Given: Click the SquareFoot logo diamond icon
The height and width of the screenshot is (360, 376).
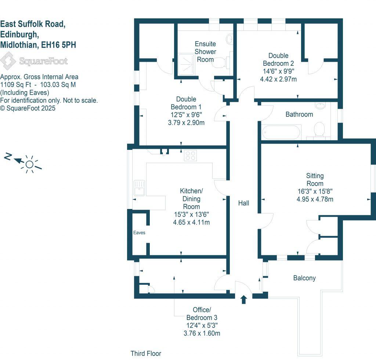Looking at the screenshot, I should pos(8,61).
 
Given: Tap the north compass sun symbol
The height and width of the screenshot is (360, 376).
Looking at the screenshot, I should pos(29,164).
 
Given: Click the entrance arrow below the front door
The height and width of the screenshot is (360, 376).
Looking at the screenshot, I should pos(243,300).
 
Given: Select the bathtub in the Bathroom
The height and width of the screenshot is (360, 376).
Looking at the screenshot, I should pos(281,132).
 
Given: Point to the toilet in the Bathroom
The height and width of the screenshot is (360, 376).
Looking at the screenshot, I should pos(319,130).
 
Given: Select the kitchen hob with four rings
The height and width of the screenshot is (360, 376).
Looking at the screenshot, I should pos(190,155).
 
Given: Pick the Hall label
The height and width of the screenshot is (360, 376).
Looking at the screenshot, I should pos(243,203).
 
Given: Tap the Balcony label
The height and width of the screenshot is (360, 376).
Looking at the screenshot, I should pos(304,278).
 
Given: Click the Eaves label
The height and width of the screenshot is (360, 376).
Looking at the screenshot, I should pos(140,233).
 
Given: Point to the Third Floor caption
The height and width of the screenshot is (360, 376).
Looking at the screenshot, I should pos(146,353).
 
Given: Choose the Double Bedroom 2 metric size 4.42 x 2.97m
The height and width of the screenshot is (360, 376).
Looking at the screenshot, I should pos(278,79).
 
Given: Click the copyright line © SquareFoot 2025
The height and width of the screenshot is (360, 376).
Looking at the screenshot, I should pos(28,108).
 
